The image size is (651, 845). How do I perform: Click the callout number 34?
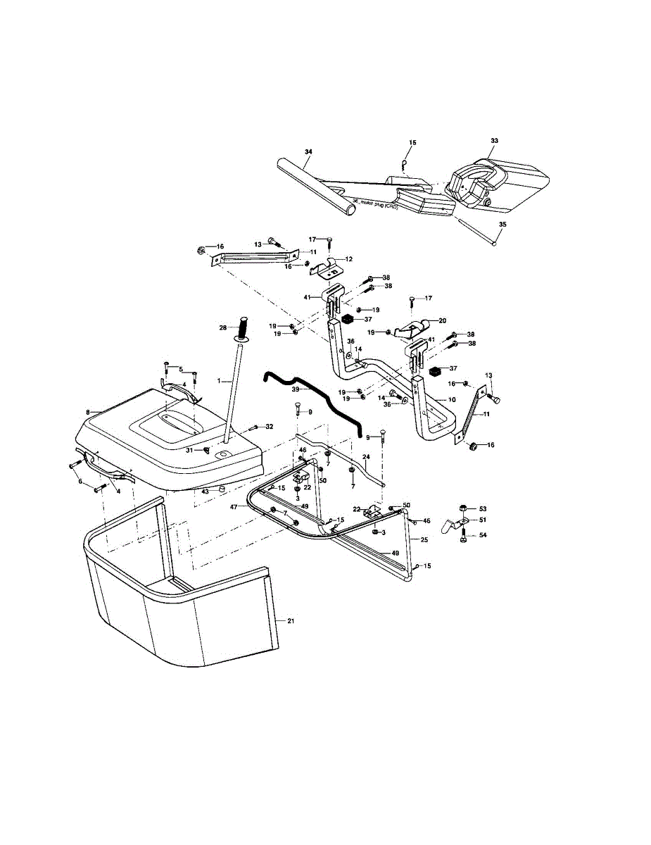(308, 151)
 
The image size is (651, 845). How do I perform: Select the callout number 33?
(494, 141)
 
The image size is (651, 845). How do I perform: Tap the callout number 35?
(502, 225)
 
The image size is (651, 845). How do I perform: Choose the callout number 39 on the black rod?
(296, 389)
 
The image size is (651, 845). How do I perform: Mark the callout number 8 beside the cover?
(87, 411)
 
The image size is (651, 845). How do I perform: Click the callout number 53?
(483, 508)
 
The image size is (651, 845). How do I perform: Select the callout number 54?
(483, 536)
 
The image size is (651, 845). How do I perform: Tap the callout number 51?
(483, 520)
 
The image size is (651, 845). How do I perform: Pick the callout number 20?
(442, 320)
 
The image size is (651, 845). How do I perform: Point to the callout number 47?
(234, 507)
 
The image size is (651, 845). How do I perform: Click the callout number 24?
(366, 457)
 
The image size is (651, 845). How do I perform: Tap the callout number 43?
(205, 492)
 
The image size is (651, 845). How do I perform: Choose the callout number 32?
(270, 427)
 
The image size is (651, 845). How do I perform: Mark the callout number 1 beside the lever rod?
(219, 381)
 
